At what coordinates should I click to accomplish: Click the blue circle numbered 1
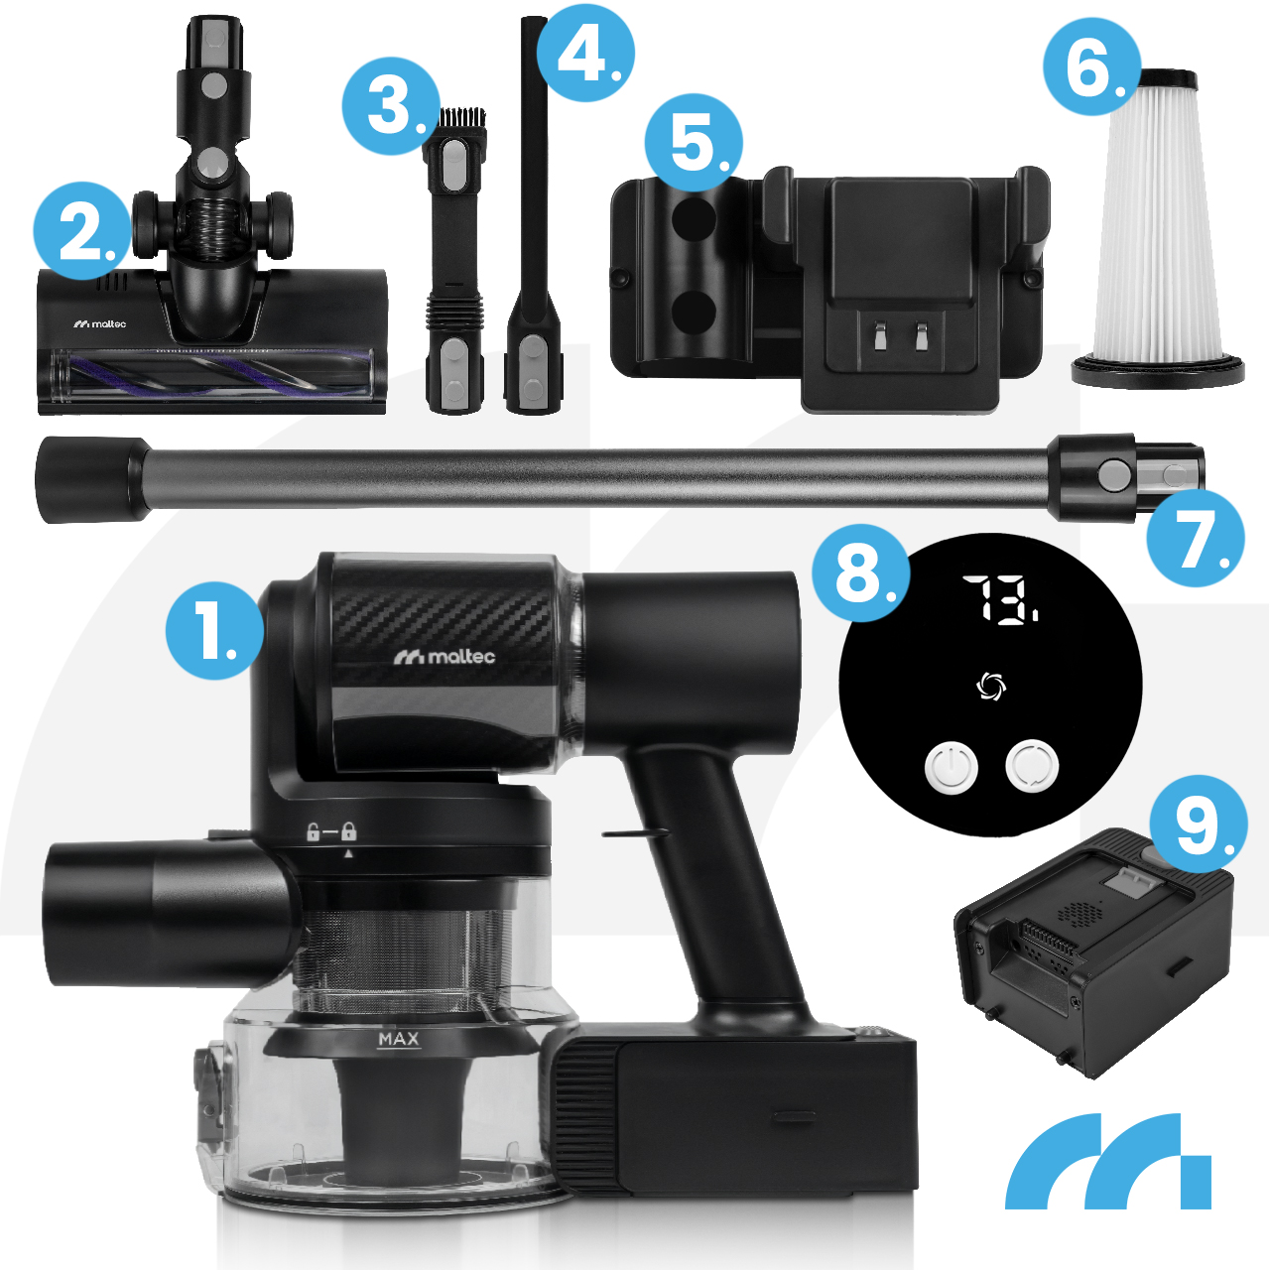click(x=215, y=629)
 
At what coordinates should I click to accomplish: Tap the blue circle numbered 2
click(x=83, y=230)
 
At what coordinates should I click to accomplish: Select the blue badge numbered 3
click(x=392, y=106)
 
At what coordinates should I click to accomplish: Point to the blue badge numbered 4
click(x=586, y=53)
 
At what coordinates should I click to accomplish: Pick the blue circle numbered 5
click(x=694, y=142)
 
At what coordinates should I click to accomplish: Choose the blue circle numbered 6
click(x=1092, y=66)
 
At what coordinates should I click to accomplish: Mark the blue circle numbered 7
click(x=1196, y=538)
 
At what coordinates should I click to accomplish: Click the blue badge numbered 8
click(x=861, y=572)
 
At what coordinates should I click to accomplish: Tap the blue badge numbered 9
click(x=1199, y=824)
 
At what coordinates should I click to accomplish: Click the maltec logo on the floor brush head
click(x=99, y=323)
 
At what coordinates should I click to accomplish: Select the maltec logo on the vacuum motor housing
click(x=444, y=657)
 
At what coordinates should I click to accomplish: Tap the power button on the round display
click(x=952, y=768)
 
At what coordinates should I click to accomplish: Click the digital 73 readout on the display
click(x=1000, y=598)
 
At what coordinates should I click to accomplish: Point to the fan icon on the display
click(x=990, y=687)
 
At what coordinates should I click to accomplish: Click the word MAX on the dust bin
click(x=399, y=1040)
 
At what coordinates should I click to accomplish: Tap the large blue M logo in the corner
click(x=1108, y=1171)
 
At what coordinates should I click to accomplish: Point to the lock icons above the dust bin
click(x=331, y=831)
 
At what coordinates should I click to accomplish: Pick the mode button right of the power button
click(x=1032, y=767)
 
